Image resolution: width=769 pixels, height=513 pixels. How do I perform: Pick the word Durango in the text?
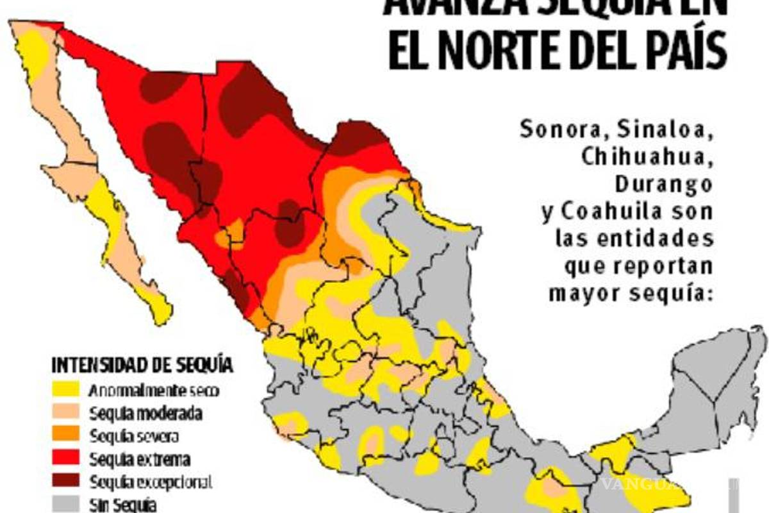click(x=663, y=185)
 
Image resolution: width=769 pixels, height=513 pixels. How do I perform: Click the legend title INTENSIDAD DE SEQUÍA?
click(x=142, y=366)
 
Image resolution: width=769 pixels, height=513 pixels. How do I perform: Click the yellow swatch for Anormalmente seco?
click(x=65, y=389)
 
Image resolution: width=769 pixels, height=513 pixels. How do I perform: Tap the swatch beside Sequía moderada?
click(x=65, y=412)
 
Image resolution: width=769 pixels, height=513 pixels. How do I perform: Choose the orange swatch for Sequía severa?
click(x=65, y=435)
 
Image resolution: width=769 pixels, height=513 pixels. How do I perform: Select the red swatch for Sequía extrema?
click(x=65, y=458)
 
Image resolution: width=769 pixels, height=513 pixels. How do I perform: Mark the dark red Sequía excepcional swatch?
click(x=65, y=482)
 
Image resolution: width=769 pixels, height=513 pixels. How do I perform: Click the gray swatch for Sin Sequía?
click(x=65, y=504)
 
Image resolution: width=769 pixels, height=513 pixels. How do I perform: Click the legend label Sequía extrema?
click(x=140, y=459)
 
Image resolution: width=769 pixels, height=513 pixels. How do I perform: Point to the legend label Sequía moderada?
click(x=147, y=413)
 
